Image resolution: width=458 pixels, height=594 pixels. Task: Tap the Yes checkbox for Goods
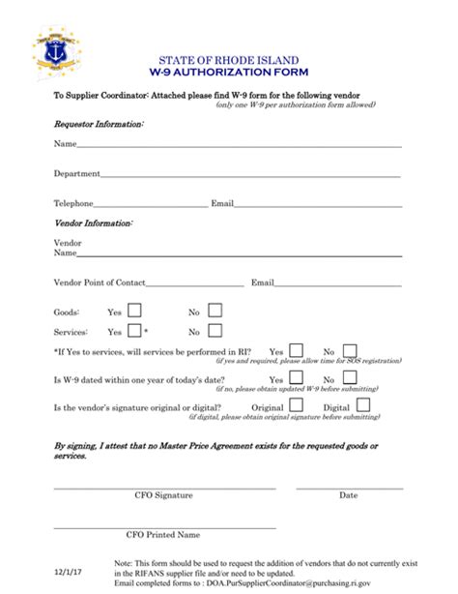click(134, 312)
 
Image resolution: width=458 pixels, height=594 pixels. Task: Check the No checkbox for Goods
click(215, 312)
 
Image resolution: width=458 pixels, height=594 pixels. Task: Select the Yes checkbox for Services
click(134, 331)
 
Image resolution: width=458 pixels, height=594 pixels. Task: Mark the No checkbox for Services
click(215, 331)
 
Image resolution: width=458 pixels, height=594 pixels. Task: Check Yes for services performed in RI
click(297, 351)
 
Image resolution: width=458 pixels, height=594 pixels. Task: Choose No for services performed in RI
click(350, 351)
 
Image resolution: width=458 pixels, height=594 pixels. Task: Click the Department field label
click(77, 174)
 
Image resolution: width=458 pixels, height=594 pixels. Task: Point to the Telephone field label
click(73, 203)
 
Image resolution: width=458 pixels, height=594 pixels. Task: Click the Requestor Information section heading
click(99, 125)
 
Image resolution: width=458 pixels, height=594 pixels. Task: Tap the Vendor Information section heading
click(93, 223)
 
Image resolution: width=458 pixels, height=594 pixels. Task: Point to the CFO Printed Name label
click(163, 534)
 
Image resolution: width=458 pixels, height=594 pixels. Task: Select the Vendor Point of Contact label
click(100, 282)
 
